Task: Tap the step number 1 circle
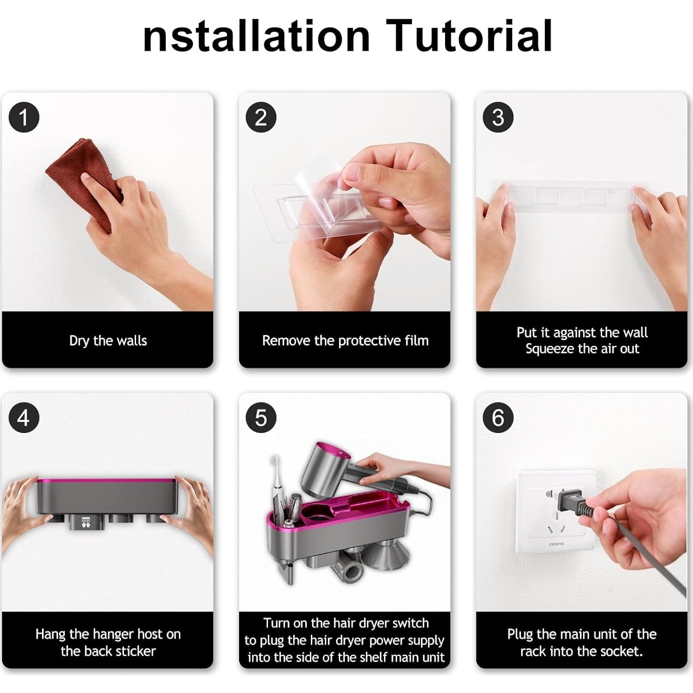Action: click(x=24, y=117)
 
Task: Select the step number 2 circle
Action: click(x=261, y=117)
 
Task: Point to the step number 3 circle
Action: click(x=498, y=117)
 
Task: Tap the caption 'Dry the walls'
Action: click(x=108, y=341)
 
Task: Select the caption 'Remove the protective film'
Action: click(x=345, y=341)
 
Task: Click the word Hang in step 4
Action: click(x=50, y=634)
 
